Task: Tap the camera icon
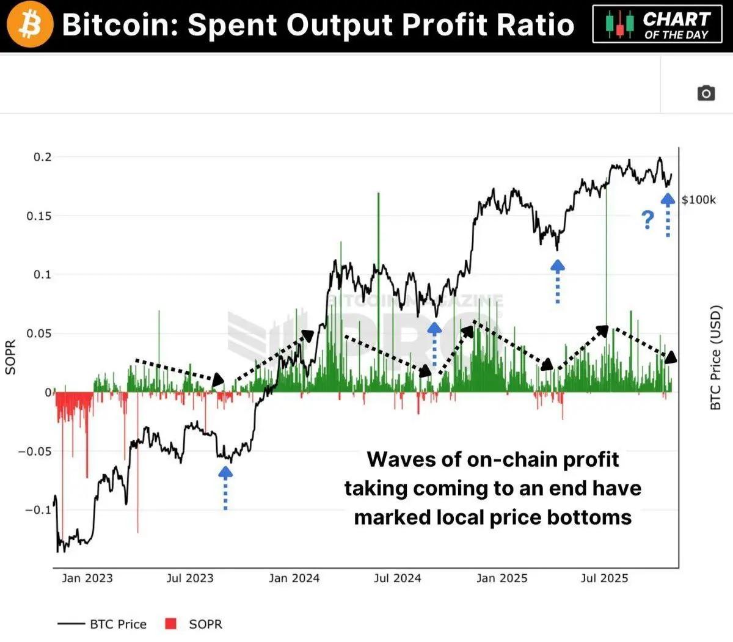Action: [x=706, y=93]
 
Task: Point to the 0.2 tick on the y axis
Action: [x=43, y=157]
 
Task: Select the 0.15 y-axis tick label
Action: [x=39, y=216]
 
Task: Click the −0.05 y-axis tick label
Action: [x=35, y=451]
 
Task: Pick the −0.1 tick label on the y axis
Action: [x=38, y=510]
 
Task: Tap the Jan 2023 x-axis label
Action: [x=87, y=578]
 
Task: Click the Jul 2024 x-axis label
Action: [x=398, y=578]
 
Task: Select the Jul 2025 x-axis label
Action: [x=604, y=578]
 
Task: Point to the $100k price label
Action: [x=699, y=200]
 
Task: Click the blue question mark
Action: [x=647, y=219]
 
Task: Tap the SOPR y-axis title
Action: [x=10, y=357]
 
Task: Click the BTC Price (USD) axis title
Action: [x=715, y=357]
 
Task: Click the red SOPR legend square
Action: [x=171, y=624]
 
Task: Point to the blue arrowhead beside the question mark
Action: [x=668, y=199]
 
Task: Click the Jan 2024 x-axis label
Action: [x=294, y=578]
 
